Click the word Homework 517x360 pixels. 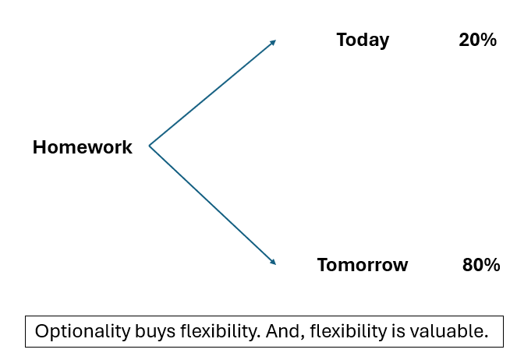pos(83,147)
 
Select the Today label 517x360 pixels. pos(363,41)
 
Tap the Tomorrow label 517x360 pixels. pos(363,265)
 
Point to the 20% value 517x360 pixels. pos(477,41)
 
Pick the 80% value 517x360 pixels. pos(481,265)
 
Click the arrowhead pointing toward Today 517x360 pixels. pos(273,43)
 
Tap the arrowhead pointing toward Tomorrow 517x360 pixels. pos(273,262)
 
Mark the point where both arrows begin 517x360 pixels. pos(150,146)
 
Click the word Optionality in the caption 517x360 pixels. pos(83,331)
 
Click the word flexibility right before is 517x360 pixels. pos(349,331)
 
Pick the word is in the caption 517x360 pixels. pos(398,331)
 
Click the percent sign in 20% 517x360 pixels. pos(488,41)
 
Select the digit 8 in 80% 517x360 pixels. pos(467,265)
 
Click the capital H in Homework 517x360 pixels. pos(39,147)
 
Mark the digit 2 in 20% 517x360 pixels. pos(464,41)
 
